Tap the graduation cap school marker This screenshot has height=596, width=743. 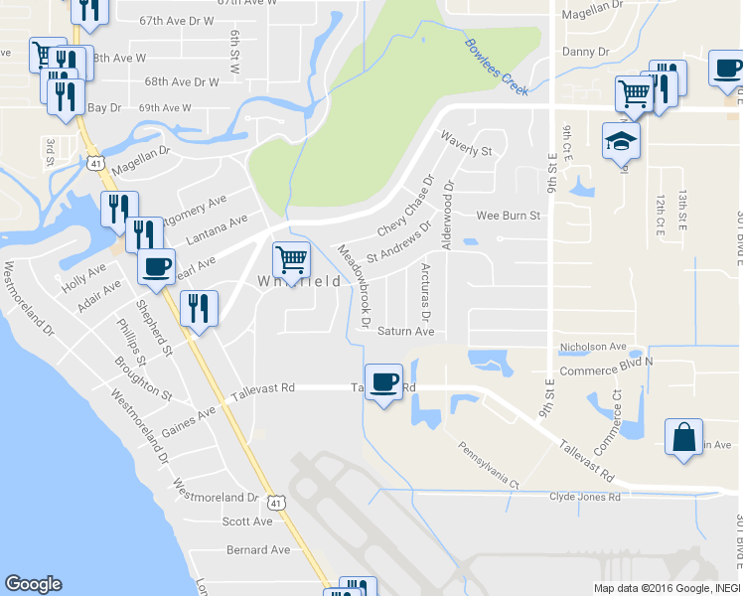[621, 141]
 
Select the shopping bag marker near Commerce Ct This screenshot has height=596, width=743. [684, 438]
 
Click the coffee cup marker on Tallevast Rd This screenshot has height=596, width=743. [383, 382]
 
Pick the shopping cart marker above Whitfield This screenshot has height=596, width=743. [291, 259]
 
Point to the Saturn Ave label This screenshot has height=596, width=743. [406, 332]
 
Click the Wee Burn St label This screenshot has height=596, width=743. [508, 215]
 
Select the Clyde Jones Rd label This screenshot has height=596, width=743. [586, 497]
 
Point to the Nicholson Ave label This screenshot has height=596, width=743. [593, 348]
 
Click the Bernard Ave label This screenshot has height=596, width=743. [258, 549]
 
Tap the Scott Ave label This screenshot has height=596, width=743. [247, 521]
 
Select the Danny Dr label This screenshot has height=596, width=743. [586, 51]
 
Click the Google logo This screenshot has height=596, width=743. [33, 584]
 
